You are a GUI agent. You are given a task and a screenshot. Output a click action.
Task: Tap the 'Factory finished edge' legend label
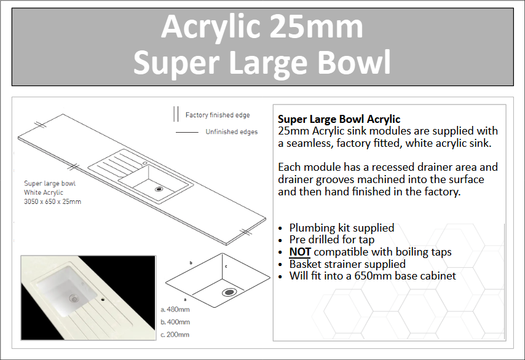click(x=218, y=115)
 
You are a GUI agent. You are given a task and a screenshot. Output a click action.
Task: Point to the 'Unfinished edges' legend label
click(x=232, y=132)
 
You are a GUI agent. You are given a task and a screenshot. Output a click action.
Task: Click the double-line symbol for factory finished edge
click(x=176, y=114)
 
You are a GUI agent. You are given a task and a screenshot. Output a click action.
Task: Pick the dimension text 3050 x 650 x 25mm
click(x=53, y=202)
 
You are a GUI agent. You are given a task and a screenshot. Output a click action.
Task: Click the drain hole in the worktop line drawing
click(x=159, y=189)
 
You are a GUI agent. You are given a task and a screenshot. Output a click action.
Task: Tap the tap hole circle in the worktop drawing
click(x=144, y=163)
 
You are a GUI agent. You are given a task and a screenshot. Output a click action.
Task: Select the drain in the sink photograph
click(x=74, y=298)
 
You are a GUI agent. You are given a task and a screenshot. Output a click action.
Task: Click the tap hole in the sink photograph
click(x=103, y=299)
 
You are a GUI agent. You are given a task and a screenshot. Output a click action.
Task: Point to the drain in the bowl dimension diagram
click(x=229, y=292)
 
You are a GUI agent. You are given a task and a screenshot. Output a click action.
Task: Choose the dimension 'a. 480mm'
click(x=175, y=310)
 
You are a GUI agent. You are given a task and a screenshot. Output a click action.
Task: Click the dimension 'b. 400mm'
click(x=175, y=322)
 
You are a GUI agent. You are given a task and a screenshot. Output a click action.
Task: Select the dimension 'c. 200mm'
click(x=175, y=335)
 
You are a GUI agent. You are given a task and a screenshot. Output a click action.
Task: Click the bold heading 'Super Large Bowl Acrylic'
click(x=339, y=119)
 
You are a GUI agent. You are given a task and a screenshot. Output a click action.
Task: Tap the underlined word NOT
click(x=300, y=252)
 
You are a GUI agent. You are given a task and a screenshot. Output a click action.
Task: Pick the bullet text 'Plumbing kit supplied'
click(x=342, y=228)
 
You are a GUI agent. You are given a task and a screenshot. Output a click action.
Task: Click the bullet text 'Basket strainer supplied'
click(x=347, y=264)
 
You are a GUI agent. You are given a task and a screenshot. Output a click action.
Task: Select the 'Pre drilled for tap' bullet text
click(x=332, y=240)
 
